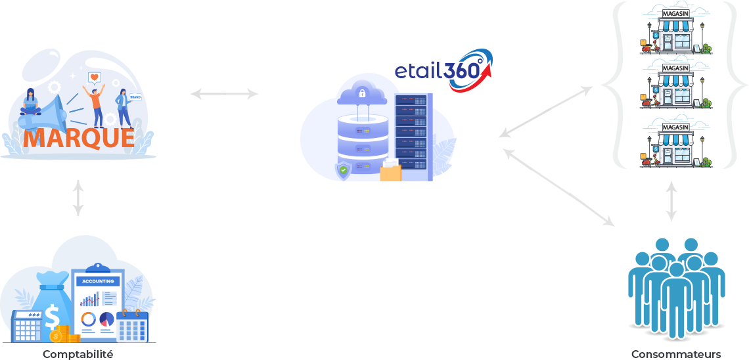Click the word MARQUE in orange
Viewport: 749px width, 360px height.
(79, 138)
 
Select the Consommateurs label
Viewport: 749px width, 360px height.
(676, 354)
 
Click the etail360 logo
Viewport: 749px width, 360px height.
(442, 70)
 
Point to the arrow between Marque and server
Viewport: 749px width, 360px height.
(224, 94)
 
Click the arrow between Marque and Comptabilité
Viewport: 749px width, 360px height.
(78, 197)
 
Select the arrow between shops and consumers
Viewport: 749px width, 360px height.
(671, 200)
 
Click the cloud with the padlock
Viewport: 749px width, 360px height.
(361, 94)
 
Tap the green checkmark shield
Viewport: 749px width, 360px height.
(343, 171)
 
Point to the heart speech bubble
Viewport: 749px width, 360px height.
(95, 78)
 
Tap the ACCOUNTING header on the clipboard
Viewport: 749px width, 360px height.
(98, 281)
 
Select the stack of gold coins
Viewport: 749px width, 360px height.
(62, 334)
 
